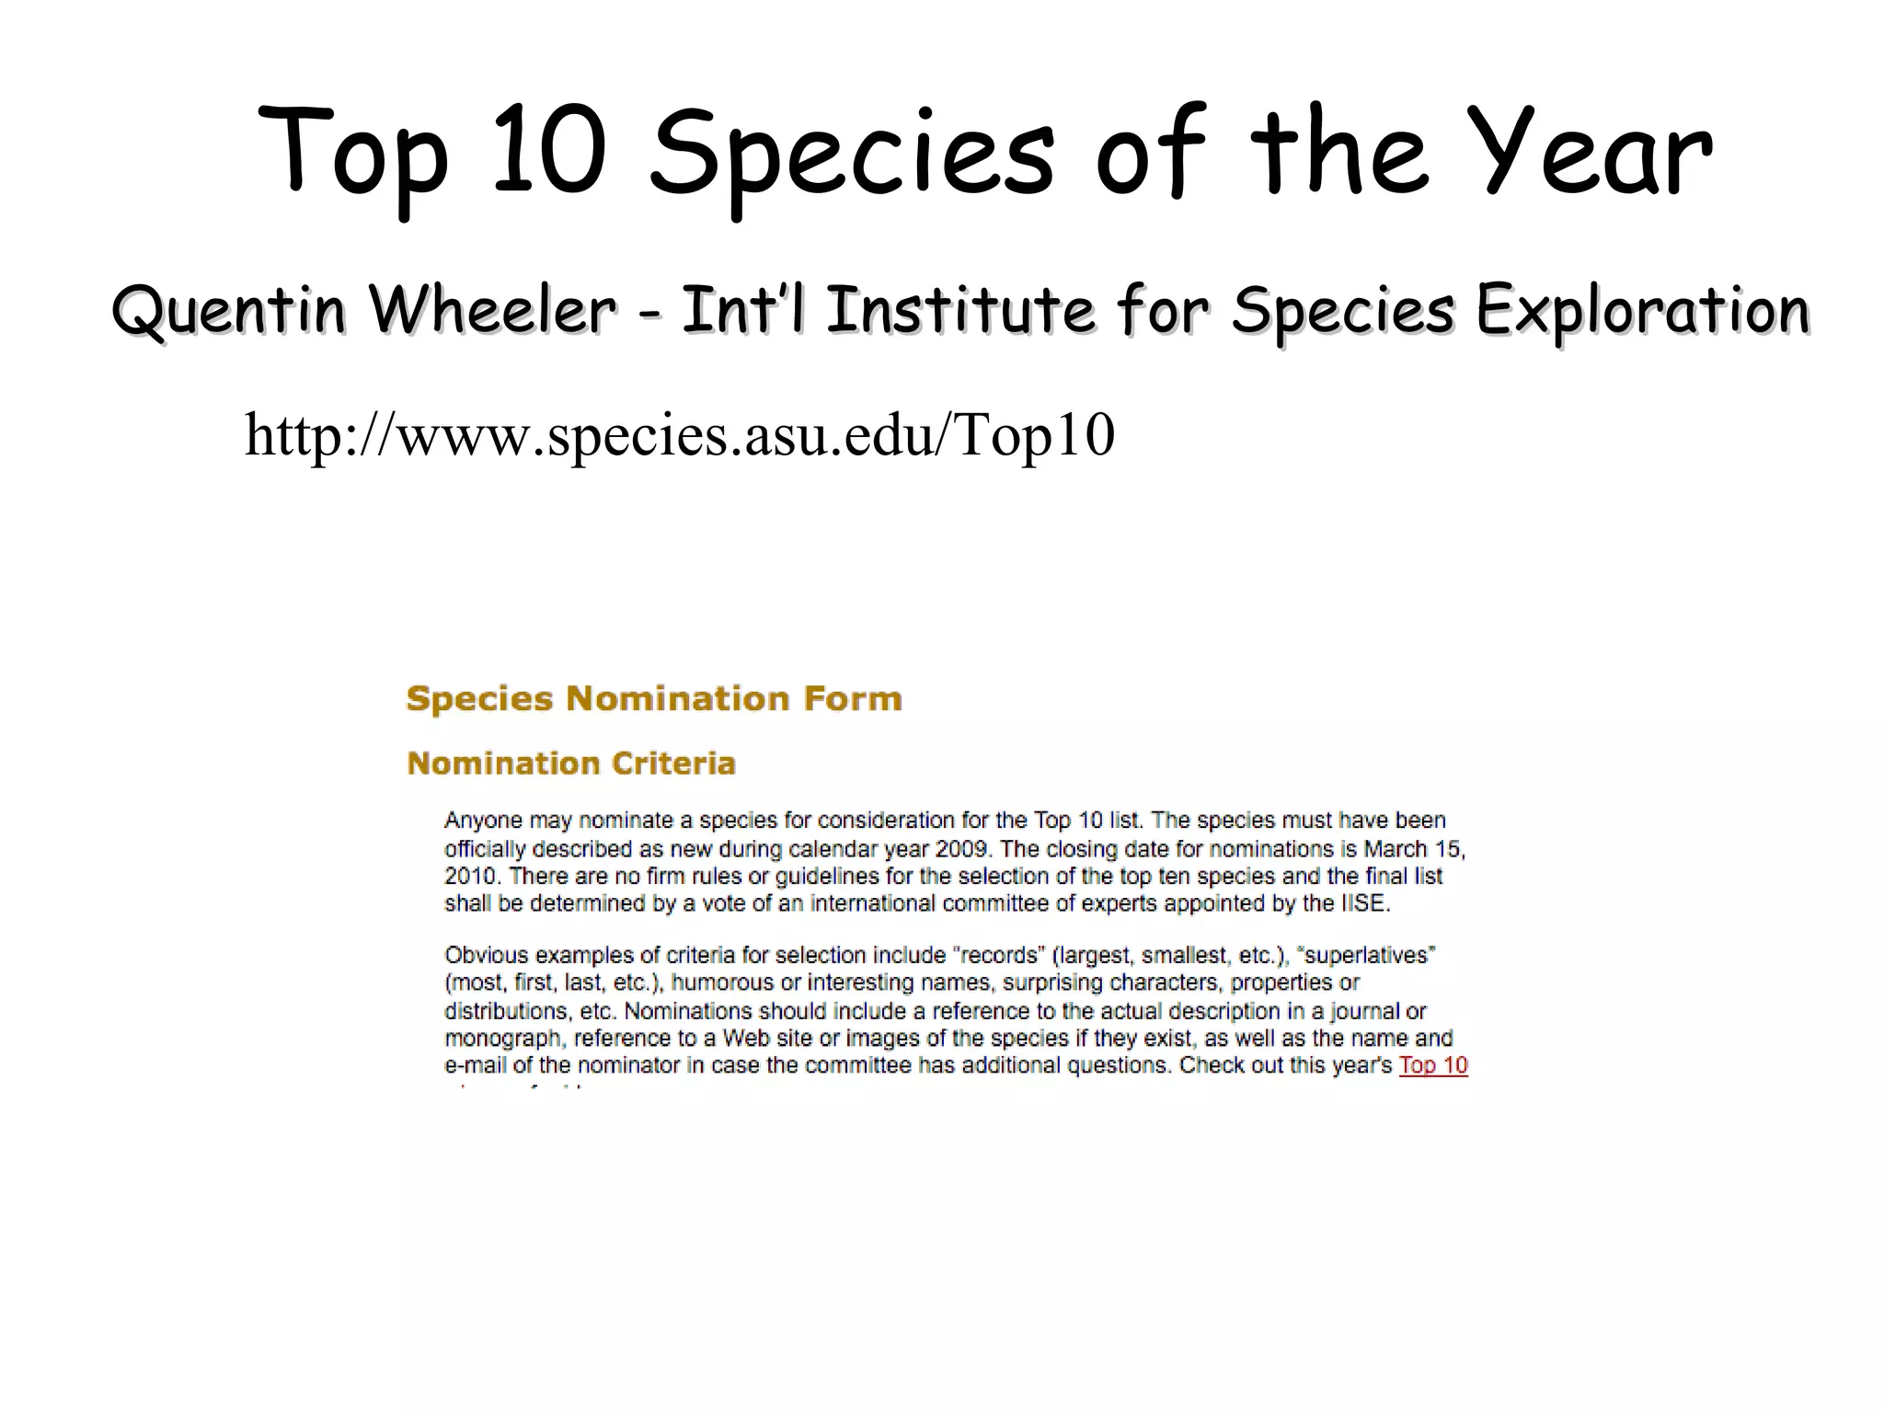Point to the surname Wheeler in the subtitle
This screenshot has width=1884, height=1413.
[491, 310]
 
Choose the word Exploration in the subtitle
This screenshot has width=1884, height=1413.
[1643, 310]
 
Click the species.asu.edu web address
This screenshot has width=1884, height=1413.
[679, 435]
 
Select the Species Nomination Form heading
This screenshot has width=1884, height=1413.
[654, 699]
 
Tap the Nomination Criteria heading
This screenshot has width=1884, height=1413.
[571, 764]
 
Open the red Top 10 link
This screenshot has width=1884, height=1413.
[1433, 1066]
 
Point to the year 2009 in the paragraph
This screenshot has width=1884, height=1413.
[961, 848]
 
